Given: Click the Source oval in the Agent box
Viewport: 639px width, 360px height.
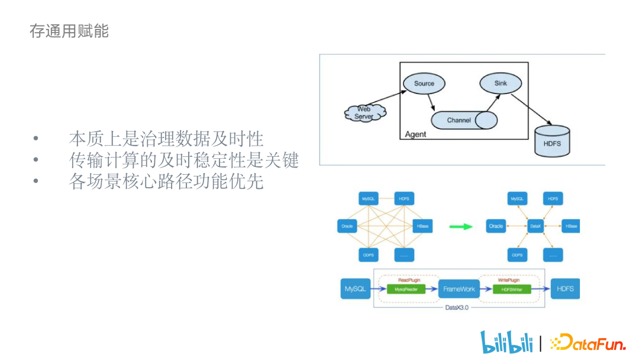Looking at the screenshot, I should pos(424,83).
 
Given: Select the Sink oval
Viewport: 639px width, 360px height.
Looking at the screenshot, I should pos(501,83).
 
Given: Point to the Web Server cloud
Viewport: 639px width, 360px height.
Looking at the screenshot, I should pos(364,112).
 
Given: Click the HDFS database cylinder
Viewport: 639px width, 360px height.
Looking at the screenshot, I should pos(551,142).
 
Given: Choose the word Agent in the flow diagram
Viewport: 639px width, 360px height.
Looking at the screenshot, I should pos(415,134).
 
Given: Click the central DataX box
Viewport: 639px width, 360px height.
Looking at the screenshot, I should pos(535,226).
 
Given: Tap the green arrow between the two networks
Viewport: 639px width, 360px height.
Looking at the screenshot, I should pos(460,226).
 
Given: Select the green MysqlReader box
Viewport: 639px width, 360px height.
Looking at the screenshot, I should pos(402,290).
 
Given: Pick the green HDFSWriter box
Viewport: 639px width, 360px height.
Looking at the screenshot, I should pos(512,290).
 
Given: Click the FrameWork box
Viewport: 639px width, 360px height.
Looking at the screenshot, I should pos(459,290).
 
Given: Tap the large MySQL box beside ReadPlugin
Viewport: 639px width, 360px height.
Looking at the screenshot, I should pos(356,290).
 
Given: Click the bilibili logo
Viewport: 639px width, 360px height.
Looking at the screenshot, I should pos(506,342).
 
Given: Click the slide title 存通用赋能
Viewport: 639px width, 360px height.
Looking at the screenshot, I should pos(69,31).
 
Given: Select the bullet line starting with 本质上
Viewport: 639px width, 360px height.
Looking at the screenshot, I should pos(166,139).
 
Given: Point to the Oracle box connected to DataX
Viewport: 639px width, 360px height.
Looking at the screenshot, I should pos(496,226).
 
